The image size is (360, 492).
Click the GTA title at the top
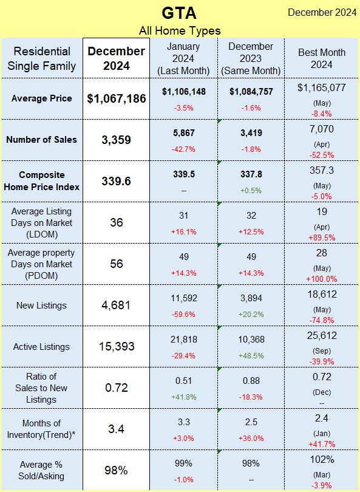[x=180, y=13]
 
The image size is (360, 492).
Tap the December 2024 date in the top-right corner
[x=322, y=13]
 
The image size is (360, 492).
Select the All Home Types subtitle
[x=180, y=31]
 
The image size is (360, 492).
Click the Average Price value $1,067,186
[x=117, y=98]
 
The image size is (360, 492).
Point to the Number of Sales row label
[x=41, y=140]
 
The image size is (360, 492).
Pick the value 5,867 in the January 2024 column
[x=184, y=133]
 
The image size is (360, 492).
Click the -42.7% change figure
[x=184, y=149]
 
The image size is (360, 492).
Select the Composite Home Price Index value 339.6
[x=117, y=181]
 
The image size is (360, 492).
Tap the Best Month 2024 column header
[x=322, y=58]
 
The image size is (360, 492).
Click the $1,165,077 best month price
[x=322, y=87]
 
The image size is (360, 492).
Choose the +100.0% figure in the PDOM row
[x=322, y=279]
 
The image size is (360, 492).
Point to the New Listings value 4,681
[x=117, y=306]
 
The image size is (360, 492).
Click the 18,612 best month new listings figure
[x=322, y=295]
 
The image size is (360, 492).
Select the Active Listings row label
[x=41, y=347]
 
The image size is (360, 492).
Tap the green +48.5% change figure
[x=251, y=356]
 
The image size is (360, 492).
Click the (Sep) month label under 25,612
[x=322, y=351]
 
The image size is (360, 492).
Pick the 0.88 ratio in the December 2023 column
[x=251, y=381]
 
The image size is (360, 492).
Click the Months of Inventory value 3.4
[x=117, y=429]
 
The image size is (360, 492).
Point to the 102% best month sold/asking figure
[x=322, y=460]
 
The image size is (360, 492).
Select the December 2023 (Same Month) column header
[x=251, y=58]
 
